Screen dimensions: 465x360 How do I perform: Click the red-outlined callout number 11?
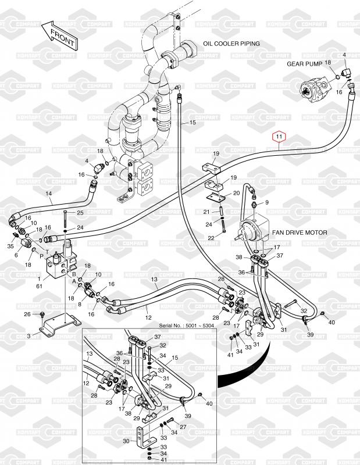[x=280, y=138]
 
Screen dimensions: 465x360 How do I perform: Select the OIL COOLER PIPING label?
[x=231, y=44]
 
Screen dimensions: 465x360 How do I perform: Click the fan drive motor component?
[x=254, y=230]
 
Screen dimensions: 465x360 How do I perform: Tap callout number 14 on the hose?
[x=49, y=194]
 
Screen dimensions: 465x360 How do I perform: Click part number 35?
[x=10, y=246]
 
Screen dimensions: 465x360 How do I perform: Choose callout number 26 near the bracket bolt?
[x=27, y=314]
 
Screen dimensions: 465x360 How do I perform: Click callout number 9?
[x=267, y=202]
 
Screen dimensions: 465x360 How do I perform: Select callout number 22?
[x=212, y=238]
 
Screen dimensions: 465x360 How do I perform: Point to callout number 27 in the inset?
[x=184, y=427]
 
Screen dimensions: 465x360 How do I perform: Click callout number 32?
[x=304, y=311]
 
